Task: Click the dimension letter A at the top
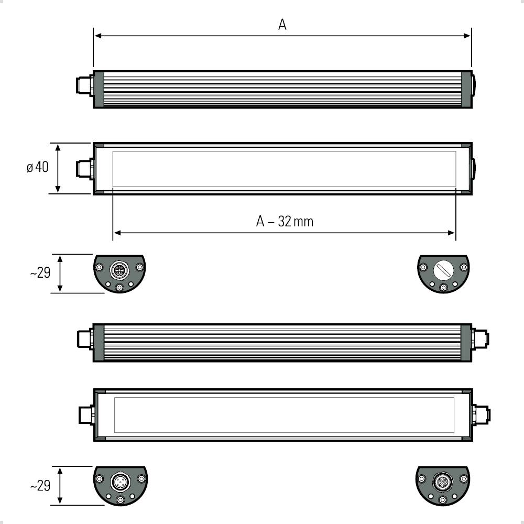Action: (x=282, y=25)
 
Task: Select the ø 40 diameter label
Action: (x=38, y=168)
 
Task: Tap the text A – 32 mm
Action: (x=285, y=221)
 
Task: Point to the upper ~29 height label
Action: (x=40, y=273)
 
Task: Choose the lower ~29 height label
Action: (x=40, y=486)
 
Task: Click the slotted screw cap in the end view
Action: (x=443, y=270)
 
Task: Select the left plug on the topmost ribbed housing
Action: (x=83, y=86)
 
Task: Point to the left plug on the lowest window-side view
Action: (x=85, y=415)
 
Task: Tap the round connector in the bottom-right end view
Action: (x=443, y=481)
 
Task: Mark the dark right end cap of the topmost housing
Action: (x=466, y=89)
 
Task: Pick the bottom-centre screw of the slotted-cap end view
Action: (x=443, y=288)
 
